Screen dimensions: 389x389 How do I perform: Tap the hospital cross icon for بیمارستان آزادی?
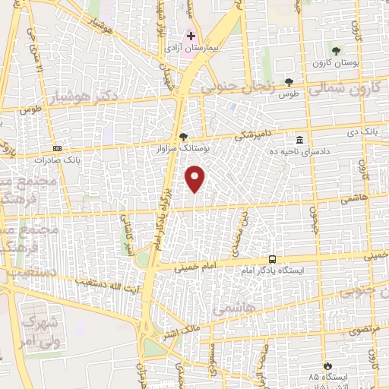tap(191, 36)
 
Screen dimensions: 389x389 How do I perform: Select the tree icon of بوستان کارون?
tap(337, 51)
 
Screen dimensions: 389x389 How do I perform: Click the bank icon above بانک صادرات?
tap(57, 148)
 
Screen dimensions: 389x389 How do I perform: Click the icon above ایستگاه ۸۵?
tap(327, 365)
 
